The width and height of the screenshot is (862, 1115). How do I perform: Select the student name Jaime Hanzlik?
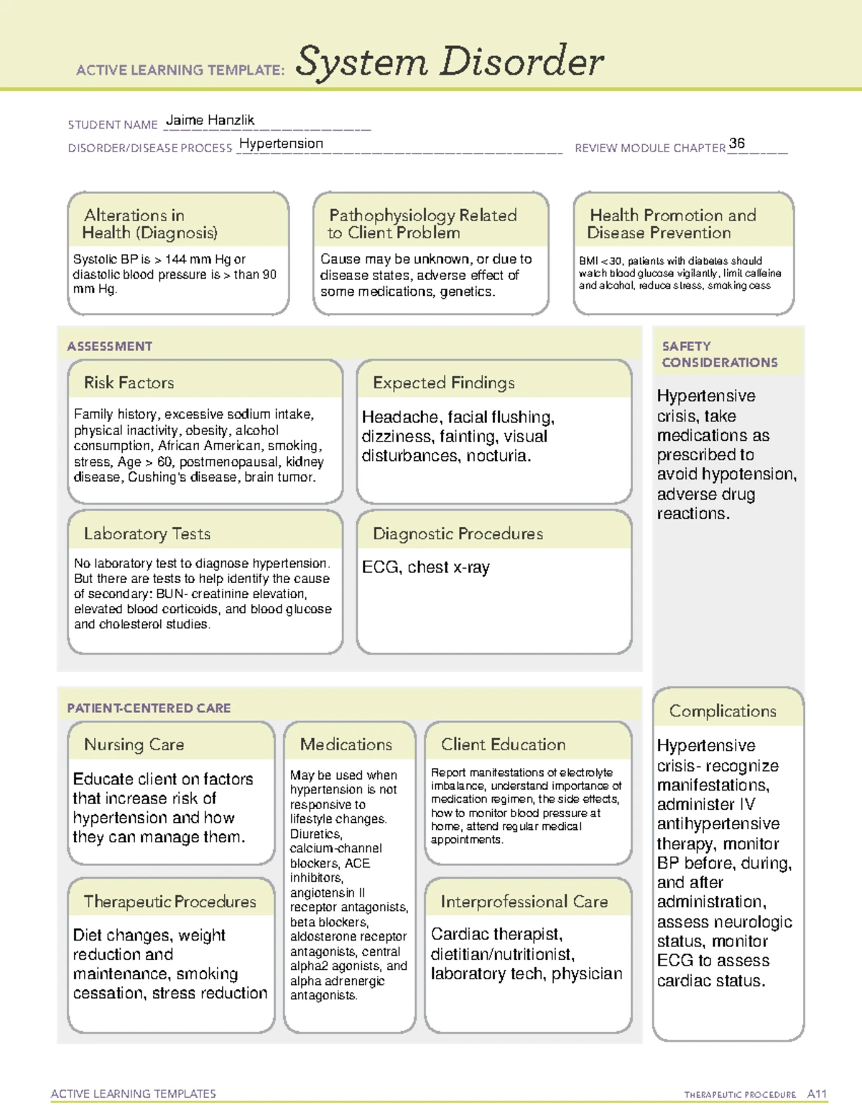tap(210, 121)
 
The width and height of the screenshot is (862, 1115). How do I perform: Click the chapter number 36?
tap(736, 144)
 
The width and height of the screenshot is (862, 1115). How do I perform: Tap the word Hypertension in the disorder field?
tap(281, 144)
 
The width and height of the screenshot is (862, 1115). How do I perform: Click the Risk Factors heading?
tap(129, 383)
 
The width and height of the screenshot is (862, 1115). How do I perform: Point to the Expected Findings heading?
tap(443, 383)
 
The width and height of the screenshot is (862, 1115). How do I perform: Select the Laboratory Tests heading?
tap(147, 533)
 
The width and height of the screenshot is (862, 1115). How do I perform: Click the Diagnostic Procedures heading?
tap(458, 533)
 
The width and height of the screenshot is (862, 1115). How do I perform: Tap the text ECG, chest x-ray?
tap(425, 567)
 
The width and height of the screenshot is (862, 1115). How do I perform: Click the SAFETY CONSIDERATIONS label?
tap(719, 355)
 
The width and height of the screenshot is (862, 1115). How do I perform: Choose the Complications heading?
tap(723, 711)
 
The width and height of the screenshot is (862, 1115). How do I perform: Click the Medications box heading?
tap(346, 745)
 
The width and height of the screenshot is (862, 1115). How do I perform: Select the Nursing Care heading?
tap(134, 745)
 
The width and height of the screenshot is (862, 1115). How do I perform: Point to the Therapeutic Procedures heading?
tap(170, 901)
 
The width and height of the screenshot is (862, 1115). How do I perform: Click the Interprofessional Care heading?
tap(524, 901)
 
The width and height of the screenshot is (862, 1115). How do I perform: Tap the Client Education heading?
tap(503, 745)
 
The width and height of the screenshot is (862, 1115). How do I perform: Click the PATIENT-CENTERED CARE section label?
tap(149, 708)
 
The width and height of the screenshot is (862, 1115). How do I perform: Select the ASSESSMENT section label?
tap(109, 346)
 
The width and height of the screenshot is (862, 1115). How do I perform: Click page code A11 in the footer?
tap(817, 1094)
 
